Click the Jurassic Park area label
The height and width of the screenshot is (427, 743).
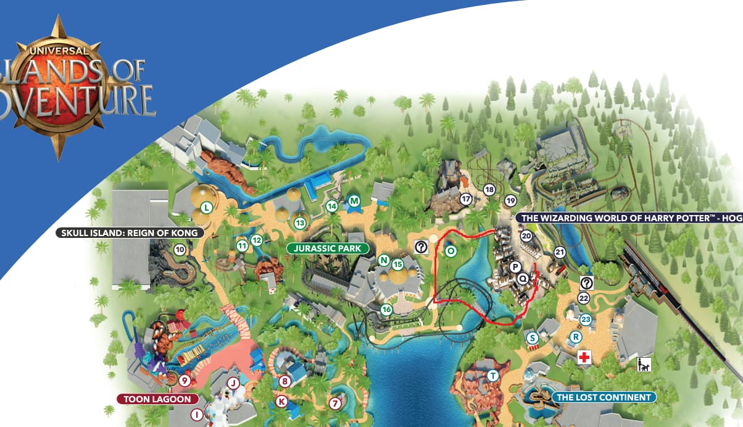pyautogui.click(x=328, y=248)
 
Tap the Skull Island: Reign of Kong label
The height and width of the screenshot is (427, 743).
pyautogui.click(x=129, y=233)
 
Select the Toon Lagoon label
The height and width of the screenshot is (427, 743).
pyautogui.click(x=158, y=399)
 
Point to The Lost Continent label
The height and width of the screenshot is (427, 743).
pyautogui.click(x=604, y=397)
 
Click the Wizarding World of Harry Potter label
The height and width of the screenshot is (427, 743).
pyautogui.click(x=629, y=218)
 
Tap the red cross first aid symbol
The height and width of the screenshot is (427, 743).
pyautogui.click(x=583, y=358)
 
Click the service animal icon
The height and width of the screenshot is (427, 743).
pyautogui.click(x=643, y=365)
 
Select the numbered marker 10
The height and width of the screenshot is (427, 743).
pyautogui.click(x=180, y=250)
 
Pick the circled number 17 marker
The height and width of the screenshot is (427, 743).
pyautogui.click(x=466, y=199)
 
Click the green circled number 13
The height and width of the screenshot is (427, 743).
pyautogui.click(x=301, y=222)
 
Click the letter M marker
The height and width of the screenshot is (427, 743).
pyautogui.click(x=354, y=200)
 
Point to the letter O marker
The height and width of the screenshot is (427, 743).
pyautogui.click(x=450, y=251)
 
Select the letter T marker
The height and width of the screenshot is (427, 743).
pyautogui.click(x=492, y=376)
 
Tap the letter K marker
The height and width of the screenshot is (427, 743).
pyautogui.click(x=281, y=402)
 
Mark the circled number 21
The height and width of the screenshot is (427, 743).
pyautogui.click(x=560, y=252)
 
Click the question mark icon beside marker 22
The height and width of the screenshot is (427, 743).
pyautogui.click(x=586, y=283)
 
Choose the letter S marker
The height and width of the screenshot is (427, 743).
pyautogui.click(x=532, y=338)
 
